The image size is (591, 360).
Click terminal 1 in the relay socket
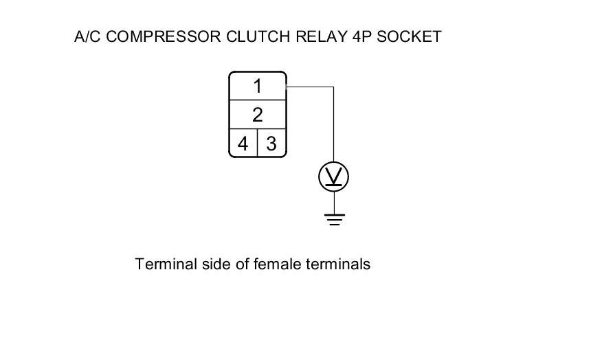coord(257,87)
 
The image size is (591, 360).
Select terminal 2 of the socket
coord(257,115)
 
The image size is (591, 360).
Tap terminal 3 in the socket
coord(271,144)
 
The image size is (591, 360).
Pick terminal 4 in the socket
coord(243,144)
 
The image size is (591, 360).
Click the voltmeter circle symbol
coord(333,178)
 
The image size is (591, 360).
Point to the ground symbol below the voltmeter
coord(333,219)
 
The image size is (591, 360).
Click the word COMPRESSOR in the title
coord(164,36)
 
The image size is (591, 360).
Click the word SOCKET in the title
coord(410,36)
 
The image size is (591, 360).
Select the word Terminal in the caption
coord(162,264)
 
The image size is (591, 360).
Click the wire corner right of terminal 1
coord(333,87)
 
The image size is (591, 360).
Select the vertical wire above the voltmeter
coord(333,127)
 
